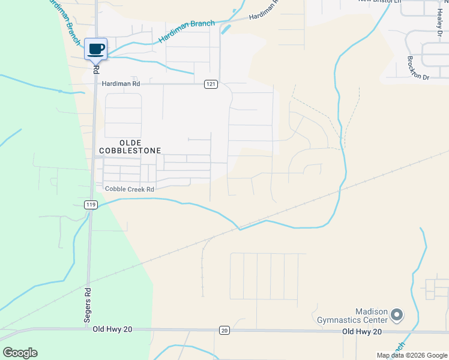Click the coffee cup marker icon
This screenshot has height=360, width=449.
95,49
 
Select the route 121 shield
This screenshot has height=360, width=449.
210,85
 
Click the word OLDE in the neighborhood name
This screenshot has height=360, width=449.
130,140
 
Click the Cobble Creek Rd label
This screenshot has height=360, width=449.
130,189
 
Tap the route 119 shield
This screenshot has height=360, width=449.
91,205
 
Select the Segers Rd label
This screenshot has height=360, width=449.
88,306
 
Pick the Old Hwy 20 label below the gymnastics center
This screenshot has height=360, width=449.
362,331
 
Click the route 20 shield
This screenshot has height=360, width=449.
224,330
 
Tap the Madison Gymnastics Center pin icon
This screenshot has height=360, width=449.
396,314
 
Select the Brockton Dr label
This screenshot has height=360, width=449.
418,68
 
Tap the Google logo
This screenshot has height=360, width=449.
20,353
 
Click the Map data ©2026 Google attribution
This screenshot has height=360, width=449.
411,355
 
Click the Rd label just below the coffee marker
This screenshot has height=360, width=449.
96,68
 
